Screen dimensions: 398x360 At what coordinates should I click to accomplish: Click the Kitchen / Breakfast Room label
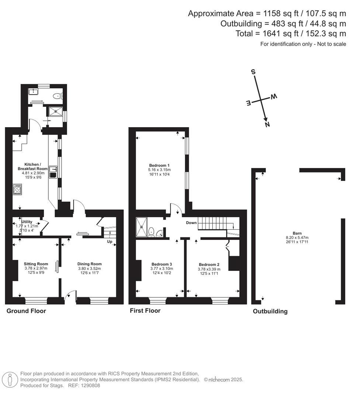click(33, 166)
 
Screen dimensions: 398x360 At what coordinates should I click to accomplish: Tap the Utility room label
click(27, 222)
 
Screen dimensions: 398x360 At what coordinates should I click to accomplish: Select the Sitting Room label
click(36, 264)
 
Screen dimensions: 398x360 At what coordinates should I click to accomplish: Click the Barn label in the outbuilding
click(297, 233)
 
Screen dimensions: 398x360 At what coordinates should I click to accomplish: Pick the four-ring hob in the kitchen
click(17, 189)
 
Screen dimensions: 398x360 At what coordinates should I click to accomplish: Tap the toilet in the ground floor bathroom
click(58, 96)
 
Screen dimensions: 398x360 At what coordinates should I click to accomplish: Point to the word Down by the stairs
click(191, 223)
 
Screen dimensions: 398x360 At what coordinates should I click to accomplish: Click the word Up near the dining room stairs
click(110, 242)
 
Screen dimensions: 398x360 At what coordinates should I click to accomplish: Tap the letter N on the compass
click(267, 125)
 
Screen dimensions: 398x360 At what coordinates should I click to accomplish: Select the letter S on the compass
click(253, 72)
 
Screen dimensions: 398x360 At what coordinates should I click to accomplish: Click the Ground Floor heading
click(26, 311)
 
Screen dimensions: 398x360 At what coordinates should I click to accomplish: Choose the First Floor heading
click(145, 311)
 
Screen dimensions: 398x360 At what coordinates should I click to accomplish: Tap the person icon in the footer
click(10, 379)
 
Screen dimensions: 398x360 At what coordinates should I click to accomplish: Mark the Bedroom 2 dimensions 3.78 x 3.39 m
click(209, 269)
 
